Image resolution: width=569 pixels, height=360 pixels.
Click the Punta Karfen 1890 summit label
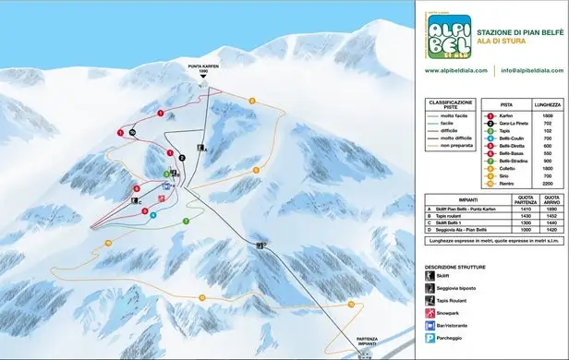202,67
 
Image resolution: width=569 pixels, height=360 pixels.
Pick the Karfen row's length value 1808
548,115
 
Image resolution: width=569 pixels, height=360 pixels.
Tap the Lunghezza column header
548,104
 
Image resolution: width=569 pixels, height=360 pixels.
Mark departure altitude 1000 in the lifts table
527,231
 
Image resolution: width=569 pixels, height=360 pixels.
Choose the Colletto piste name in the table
507,169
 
